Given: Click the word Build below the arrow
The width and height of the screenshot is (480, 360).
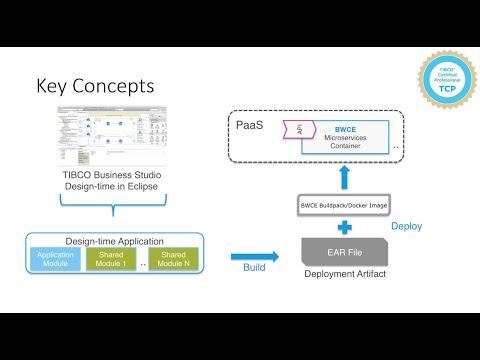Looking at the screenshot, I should [255, 269].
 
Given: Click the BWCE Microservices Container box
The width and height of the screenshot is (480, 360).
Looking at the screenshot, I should [350, 137].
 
